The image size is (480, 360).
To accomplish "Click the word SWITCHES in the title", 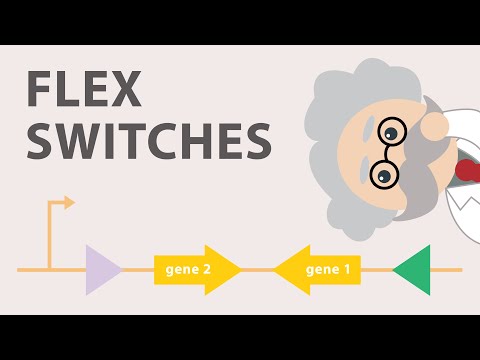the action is point(148,141).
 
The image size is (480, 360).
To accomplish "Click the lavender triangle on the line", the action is point(101,269).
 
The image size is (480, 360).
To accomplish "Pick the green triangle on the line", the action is point(413,269).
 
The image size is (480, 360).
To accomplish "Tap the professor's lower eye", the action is point(382,175).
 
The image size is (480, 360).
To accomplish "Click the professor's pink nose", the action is point(436,125).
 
